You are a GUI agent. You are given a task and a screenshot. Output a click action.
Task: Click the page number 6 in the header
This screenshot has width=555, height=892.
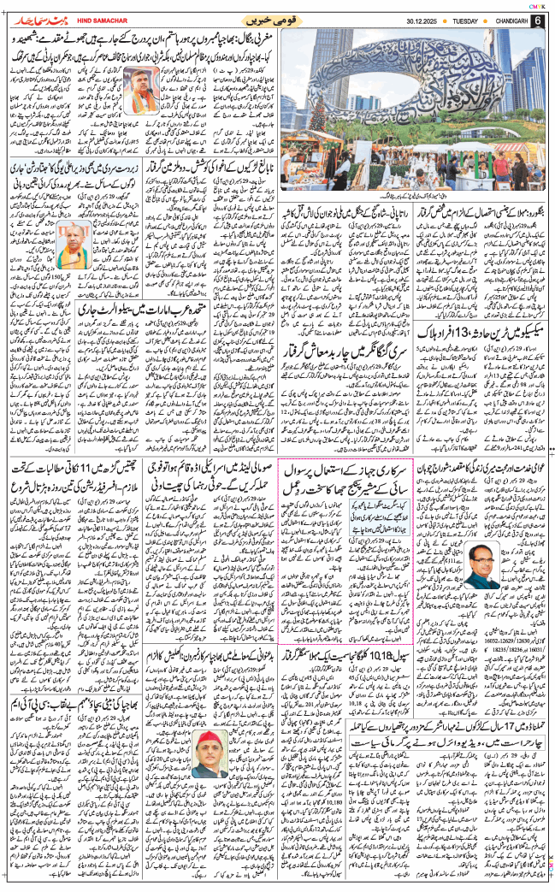(538, 20)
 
